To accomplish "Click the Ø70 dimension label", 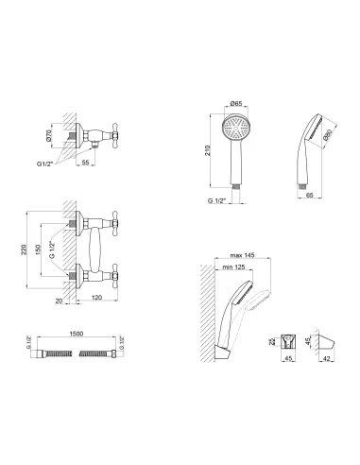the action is click(48, 135).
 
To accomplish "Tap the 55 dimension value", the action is click(85, 163).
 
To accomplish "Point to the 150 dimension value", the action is click(38, 250).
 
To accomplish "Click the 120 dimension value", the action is click(96, 297).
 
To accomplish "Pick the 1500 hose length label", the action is click(77, 334).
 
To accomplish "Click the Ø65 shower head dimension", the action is click(236, 103).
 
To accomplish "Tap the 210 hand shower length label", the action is click(207, 150).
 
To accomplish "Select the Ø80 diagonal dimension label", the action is click(327, 134).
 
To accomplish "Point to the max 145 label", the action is click(242, 255).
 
